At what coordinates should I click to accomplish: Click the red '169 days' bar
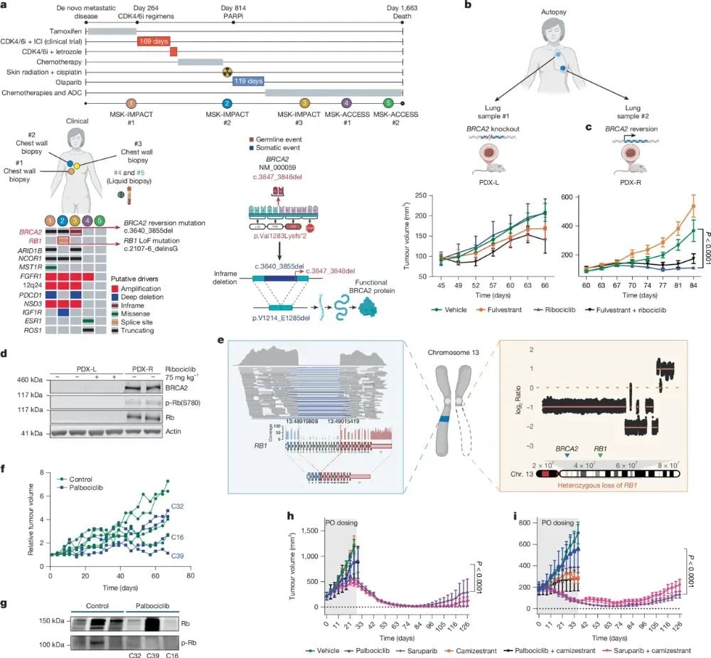pyautogui.click(x=153, y=41)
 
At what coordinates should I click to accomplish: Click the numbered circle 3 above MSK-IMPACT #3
pyautogui.click(x=304, y=104)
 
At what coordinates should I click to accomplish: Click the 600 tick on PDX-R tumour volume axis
pyautogui.click(x=570, y=194)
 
